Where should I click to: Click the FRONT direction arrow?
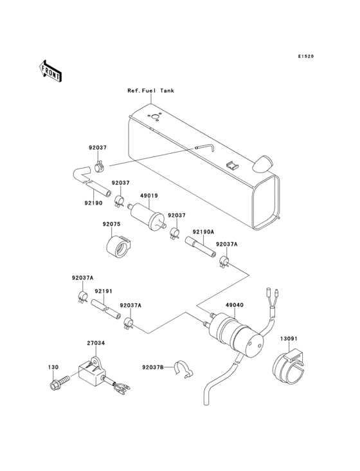(x=50, y=70)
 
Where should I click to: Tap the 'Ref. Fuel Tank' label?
(x=150, y=91)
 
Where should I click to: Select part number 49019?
(x=150, y=196)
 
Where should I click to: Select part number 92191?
(x=104, y=291)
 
